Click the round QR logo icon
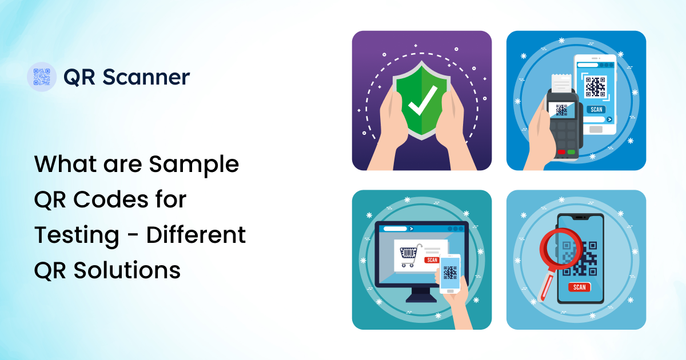[42, 77]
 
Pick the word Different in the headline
[196, 234]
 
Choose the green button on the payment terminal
[571, 153]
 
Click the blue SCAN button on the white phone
[596, 109]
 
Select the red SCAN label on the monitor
[432, 260]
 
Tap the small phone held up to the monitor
[450, 274]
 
